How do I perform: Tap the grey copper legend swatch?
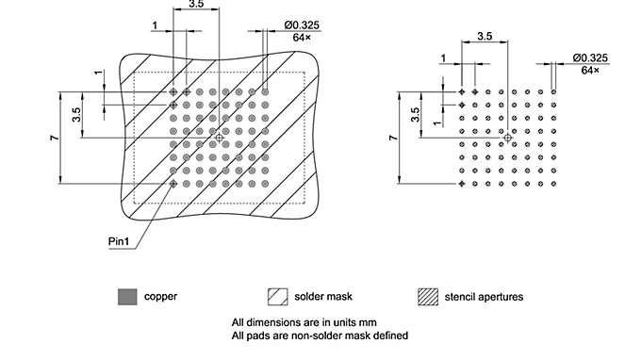pyautogui.click(x=125, y=296)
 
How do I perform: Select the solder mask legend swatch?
pyautogui.click(x=277, y=296)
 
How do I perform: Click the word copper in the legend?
pyautogui.click(x=160, y=296)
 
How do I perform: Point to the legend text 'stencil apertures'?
pyautogui.click(x=486, y=296)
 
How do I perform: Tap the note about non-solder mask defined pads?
pyautogui.click(x=320, y=334)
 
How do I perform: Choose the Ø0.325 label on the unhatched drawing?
pyautogui.click(x=589, y=57)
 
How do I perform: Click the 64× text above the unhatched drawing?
pyautogui.click(x=591, y=70)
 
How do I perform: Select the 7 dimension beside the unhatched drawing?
pyautogui.click(x=393, y=138)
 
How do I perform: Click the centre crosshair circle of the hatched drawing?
pyautogui.click(x=220, y=138)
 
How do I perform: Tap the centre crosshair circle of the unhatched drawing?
pyautogui.click(x=508, y=138)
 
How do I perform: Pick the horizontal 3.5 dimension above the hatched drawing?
pyautogui.click(x=196, y=5)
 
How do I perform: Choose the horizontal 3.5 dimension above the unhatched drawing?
pyautogui.click(x=485, y=37)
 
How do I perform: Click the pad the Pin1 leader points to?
pyautogui.click(x=173, y=184)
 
